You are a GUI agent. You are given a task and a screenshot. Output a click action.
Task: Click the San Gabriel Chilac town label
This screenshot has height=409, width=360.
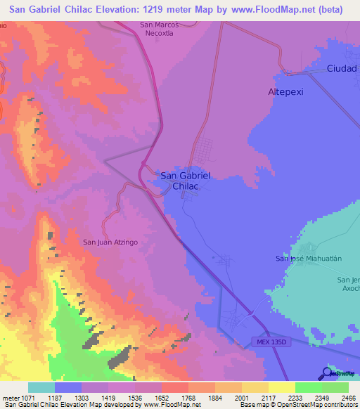click(186, 181)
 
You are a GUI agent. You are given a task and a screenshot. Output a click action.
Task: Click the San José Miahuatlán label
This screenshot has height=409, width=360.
click(307, 259)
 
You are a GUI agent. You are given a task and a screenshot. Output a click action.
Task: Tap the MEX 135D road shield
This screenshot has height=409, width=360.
click(269, 341)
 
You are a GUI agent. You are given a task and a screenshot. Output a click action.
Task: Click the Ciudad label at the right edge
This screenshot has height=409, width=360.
click(342, 69)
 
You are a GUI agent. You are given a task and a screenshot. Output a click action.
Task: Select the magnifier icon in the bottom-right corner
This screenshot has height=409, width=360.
click(327, 372)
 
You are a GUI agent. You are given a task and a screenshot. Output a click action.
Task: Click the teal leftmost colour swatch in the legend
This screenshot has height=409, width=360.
click(41, 387)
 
